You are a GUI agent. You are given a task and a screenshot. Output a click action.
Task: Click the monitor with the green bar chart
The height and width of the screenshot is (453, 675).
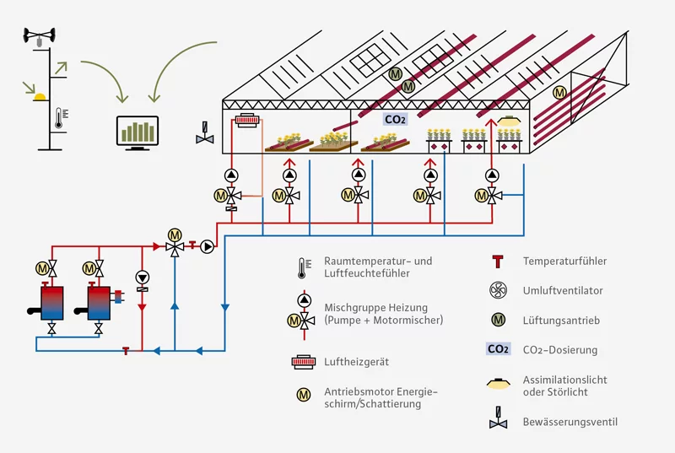tap(137, 133)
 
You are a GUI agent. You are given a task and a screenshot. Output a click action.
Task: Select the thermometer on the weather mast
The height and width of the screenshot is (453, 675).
tap(58, 118)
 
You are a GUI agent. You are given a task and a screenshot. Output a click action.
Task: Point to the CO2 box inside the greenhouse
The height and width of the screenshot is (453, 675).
tap(395, 120)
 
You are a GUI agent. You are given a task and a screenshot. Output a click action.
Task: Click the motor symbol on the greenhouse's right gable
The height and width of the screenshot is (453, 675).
tap(559, 92)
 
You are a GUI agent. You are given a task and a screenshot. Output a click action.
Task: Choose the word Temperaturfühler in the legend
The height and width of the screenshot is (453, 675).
tap(564, 262)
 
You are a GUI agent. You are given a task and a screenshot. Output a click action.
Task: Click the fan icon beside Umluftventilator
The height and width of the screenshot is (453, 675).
tap(498, 290)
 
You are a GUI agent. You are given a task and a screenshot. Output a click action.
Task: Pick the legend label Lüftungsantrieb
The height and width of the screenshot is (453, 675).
tap(558, 320)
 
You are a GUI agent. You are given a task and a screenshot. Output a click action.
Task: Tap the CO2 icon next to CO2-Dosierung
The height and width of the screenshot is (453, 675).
tap(498, 349)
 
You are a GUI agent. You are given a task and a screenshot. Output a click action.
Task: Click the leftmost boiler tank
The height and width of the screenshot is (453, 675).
tap(51, 302)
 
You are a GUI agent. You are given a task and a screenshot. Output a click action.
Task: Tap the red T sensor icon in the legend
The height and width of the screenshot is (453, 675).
tap(498, 262)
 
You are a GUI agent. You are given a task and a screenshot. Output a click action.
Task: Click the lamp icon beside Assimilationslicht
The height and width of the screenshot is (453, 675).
tap(498, 385)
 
